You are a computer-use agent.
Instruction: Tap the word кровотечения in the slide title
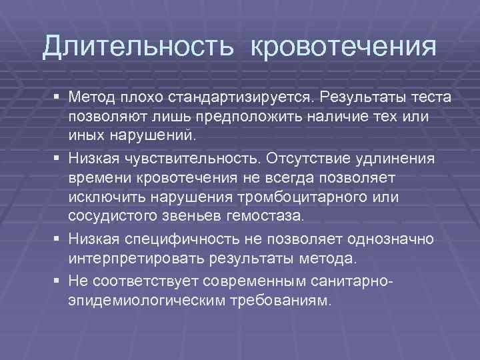tap(345, 48)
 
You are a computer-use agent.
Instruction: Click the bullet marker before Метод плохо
tap(57, 99)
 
